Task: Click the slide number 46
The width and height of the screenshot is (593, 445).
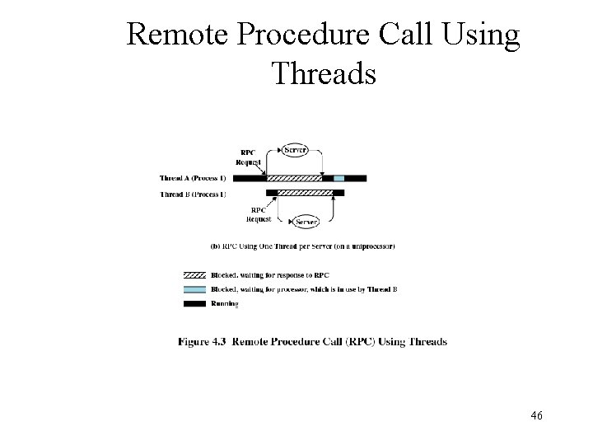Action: pos(536,416)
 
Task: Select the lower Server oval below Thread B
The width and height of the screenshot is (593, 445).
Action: pos(306,222)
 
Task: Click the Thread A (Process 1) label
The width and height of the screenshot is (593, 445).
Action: pos(193,178)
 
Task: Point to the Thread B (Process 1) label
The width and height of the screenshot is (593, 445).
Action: pos(193,194)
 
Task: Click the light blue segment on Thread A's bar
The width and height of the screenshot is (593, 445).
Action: pos(339,178)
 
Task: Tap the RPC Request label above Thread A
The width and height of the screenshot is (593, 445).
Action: pos(247,157)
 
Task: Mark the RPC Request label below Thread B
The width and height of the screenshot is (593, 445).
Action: pos(259,214)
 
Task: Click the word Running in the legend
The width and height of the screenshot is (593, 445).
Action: pos(224,304)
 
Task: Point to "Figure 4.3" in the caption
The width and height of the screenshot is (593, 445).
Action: pos(203,342)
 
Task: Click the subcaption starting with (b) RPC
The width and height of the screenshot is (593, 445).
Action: pos(303,246)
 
